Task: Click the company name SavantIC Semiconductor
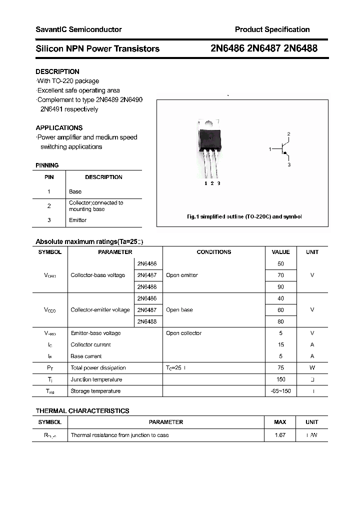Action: [x=78, y=29]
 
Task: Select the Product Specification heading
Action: [x=272, y=29]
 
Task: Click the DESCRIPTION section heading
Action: [x=57, y=71]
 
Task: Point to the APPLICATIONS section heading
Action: [x=59, y=127]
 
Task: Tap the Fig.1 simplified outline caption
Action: [x=244, y=216]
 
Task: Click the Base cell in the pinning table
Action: [x=75, y=191]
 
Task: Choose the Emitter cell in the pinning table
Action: [x=77, y=220]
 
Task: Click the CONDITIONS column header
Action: [x=213, y=252]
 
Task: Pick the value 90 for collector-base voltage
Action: [x=280, y=287]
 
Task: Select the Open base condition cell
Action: [x=179, y=310]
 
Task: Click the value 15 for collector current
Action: [x=280, y=344]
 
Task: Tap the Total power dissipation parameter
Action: [x=98, y=367]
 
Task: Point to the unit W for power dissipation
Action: [x=312, y=367]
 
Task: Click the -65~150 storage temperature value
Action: [x=280, y=391]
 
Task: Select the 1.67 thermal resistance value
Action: [x=280, y=435]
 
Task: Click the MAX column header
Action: [x=280, y=422]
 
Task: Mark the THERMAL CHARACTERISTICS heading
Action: [x=82, y=410]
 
